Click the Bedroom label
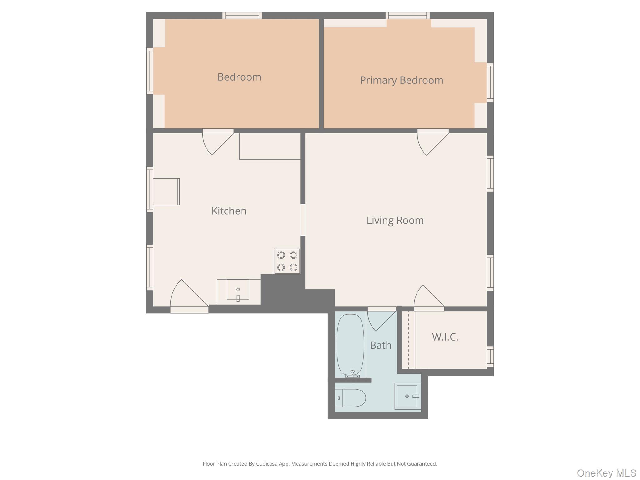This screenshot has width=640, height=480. click(x=239, y=77)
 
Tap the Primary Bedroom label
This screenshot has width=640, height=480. click(x=401, y=80)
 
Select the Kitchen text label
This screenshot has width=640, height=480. click(x=229, y=211)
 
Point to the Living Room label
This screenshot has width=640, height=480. click(x=395, y=220)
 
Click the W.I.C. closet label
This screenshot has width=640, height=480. click(x=445, y=337)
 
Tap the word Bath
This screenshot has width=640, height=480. click(x=380, y=345)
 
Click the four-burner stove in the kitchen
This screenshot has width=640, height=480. click(x=287, y=261)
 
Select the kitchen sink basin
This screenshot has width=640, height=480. click(x=238, y=290)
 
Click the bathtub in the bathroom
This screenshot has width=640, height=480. click(x=350, y=344)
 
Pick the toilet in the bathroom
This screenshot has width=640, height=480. click(x=351, y=398)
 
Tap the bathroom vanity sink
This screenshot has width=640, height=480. click(x=407, y=396)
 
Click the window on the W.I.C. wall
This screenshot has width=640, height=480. click(x=490, y=356)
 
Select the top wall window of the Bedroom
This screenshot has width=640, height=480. click(x=242, y=16)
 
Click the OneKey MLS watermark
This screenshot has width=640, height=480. click(x=606, y=473)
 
